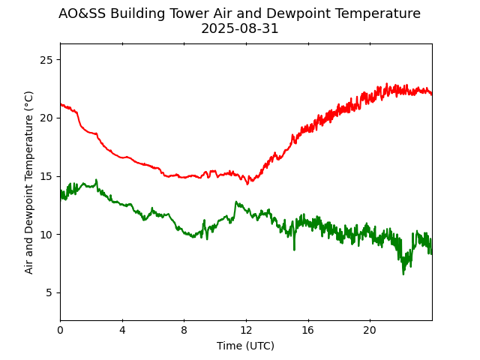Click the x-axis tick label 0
60,330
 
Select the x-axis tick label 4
122,330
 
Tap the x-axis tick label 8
184,330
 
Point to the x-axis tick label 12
246,330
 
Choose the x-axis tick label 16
307,330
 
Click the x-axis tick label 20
370,330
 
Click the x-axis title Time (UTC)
245,346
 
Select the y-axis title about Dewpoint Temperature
29,182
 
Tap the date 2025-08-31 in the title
239,28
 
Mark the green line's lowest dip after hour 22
403,274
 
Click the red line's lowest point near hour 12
248,184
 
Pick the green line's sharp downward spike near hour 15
294,249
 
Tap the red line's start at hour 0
61,104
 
